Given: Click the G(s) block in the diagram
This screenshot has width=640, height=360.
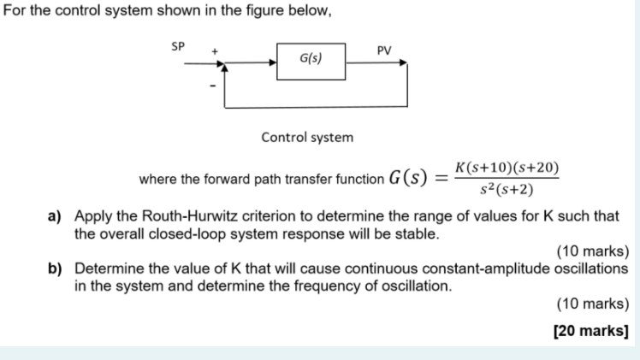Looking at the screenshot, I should (311, 62).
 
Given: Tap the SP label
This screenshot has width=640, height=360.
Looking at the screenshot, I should (178, 45).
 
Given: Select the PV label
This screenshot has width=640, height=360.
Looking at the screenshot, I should (384, 50).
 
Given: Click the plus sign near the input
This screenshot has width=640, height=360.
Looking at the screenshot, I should (216, 51).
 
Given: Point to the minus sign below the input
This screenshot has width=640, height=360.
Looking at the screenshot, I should (214, 85).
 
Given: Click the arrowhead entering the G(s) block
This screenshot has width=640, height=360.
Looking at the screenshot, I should (272, 62).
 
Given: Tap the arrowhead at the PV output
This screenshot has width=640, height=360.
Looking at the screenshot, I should (403, 62).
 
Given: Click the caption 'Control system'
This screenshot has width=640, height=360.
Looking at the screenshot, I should (306, 137).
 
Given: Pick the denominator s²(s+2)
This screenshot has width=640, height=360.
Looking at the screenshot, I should (507, 190).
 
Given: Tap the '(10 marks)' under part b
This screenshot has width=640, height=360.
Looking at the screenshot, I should (592, 303).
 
